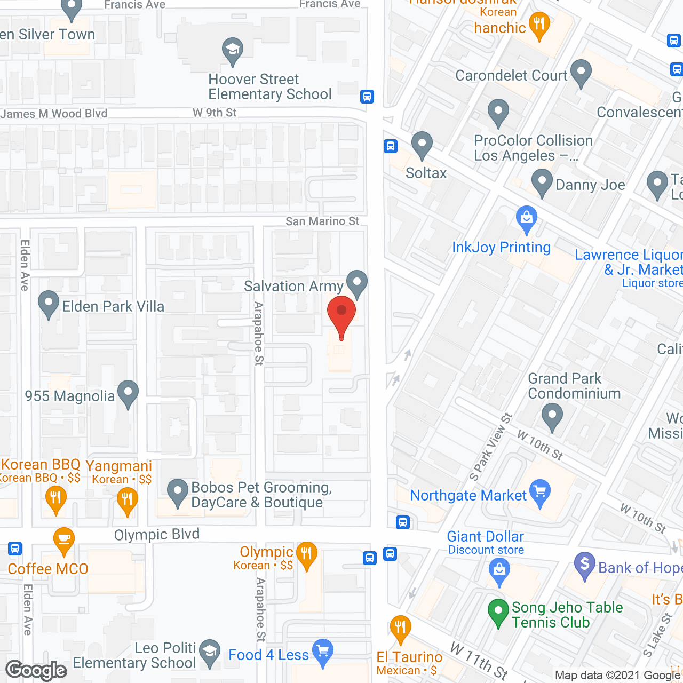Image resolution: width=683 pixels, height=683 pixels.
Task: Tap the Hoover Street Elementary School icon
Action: click(x=233, y=51)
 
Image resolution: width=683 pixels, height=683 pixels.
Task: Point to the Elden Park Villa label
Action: click(x=113, y=306)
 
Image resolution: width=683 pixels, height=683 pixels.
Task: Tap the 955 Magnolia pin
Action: click(x=128, y=393)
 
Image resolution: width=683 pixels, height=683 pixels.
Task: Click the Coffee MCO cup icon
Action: click(x=63, y=541)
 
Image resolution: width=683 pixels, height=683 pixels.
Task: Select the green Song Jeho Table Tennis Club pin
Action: click(x=498, y=611)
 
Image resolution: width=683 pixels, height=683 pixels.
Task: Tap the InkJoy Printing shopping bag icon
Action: click(x=527, y=219)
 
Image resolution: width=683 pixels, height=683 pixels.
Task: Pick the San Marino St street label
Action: click(x=322, y=221)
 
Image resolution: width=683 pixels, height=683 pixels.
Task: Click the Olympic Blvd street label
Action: click(x=157, y=534)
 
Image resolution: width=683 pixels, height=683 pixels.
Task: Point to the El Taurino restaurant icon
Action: click(x=400, y=629)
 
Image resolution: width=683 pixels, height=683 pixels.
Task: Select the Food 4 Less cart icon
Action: click(x=323, y=652)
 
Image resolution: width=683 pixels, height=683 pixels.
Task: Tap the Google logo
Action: click(x=36, y=670)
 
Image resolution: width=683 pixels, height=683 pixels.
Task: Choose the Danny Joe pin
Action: click(x=542, y=182)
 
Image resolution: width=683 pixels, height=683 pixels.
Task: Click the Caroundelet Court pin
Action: click(x=581, y=73)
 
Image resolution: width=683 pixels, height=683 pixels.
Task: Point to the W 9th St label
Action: click(x=215, y=113)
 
